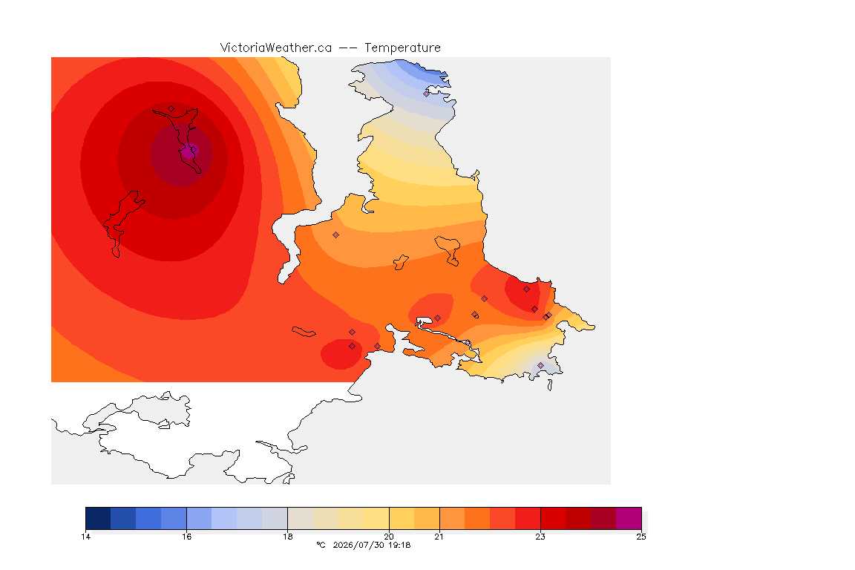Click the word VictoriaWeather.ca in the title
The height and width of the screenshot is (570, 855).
click(x=276, y=48)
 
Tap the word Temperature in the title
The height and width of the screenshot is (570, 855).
click(x=402, y=48)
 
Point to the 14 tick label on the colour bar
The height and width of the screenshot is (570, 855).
click(x=85, y=537)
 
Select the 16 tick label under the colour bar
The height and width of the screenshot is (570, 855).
click(x=186, y=537)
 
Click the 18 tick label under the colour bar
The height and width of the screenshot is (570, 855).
click(x=288, y=537)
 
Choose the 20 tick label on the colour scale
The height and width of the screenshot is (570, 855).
click(x=389, y=537)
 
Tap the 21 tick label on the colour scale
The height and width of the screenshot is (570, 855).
click(x=439, y=537)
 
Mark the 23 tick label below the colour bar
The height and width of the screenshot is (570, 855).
click(x=540, y=537)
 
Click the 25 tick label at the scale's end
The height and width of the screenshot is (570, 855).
click(x=641, y=537)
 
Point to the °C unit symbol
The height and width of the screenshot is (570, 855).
click(x=321, y=545)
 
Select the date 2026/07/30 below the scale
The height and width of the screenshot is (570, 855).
click(x=358, y=545)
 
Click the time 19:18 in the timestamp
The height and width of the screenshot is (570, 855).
click(x=399, y=545)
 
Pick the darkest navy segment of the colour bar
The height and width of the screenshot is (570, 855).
click(x=98, y=518)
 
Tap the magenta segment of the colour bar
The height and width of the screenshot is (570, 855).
click(x=629, y=518)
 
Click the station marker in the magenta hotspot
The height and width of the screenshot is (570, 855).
click(x=193, y=149)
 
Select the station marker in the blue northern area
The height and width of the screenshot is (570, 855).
click(x=427, y=94)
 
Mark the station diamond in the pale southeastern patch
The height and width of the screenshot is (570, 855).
click(x=540, y=365)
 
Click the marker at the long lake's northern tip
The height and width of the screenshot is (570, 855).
click(x=171, y=108)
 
